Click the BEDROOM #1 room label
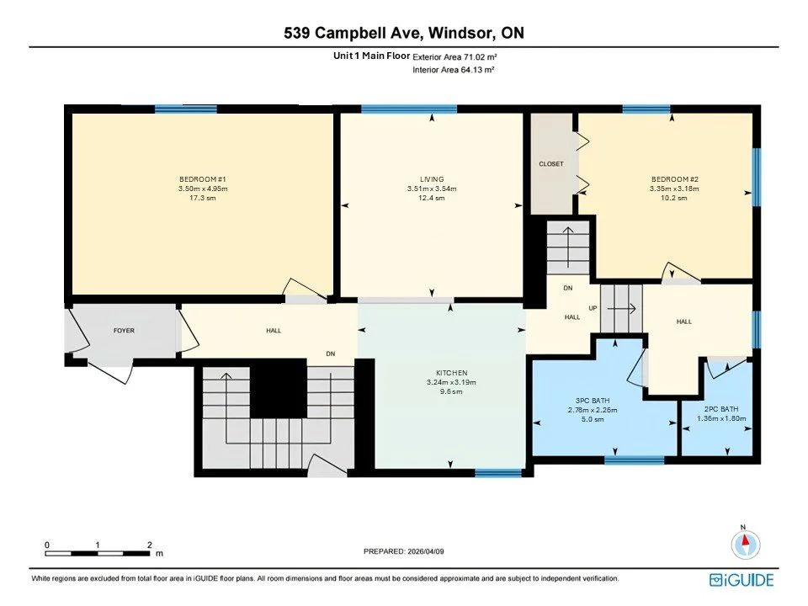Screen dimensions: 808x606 (203, 179)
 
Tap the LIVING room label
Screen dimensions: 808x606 (432, 179)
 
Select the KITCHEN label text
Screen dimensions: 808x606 (451, 373)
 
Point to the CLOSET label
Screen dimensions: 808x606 (550, 164)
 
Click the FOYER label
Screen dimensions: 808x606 (124, 330)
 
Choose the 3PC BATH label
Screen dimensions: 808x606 (593, 401)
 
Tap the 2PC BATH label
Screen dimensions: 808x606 (721, 409)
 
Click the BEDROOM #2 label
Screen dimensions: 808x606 (674, 179)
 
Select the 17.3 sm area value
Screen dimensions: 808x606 (203, 198)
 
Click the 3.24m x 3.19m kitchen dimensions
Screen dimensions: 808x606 (451, 382)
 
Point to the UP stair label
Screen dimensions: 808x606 (593, 308)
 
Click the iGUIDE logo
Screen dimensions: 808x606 (742, 580)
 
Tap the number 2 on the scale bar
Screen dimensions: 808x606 (150, 545)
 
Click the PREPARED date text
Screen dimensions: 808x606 (403, 551)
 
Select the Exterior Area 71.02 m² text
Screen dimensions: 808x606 (454, 57)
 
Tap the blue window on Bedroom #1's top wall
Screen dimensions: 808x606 (185, 109)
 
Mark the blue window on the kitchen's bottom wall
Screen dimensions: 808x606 (498, 472)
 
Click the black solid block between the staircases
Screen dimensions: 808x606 (279, 389)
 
